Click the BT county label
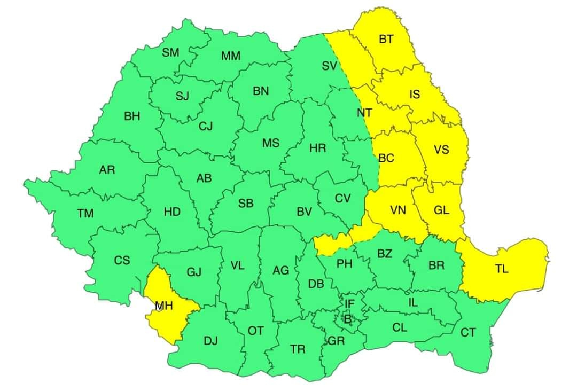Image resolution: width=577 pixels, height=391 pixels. point(386,39)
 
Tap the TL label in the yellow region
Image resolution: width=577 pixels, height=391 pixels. point(501,269)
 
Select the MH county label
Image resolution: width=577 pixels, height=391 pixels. point(163,306)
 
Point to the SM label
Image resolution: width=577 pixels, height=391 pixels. point(170,52)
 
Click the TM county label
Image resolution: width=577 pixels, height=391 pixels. point(85,214)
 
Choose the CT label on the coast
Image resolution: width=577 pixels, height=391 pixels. point(468,333)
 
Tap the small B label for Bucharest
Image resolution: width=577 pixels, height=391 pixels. point(348,319)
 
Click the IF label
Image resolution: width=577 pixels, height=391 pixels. point(349,304)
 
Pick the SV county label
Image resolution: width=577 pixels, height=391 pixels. point(330,66)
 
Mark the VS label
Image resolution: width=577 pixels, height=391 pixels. point(441,150)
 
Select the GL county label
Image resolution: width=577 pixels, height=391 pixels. point(441,210)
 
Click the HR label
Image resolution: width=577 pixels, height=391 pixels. point(318,148)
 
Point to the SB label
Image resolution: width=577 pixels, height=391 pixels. point(246,203)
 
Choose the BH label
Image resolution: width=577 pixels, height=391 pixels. point(132,116)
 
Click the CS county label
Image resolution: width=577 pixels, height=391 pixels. point(122,261)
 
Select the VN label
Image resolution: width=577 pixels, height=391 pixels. point(398,210)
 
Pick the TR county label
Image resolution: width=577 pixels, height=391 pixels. point(298,349)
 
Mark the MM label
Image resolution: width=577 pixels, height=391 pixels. point(231,56)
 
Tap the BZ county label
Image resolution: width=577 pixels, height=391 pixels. point(385,254)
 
